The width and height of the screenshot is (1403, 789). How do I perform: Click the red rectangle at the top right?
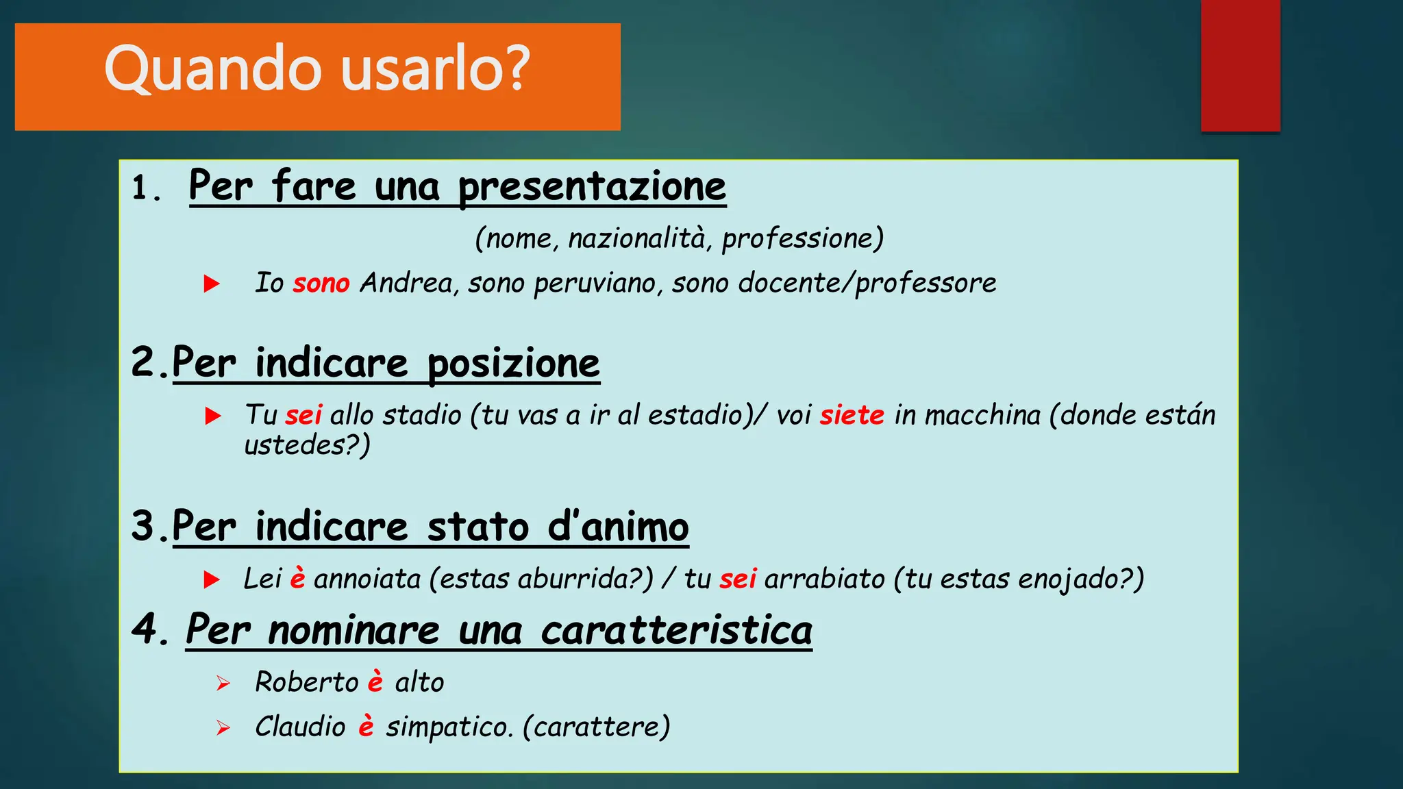point(1240,66)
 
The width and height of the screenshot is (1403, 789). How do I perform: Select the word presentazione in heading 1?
point(592,186)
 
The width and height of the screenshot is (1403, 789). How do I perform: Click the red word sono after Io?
point(321,283)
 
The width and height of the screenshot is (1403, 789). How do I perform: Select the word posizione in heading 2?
point(513,363)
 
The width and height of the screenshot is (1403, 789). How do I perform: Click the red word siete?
point(852,415)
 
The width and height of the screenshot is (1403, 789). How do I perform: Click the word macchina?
point(982,415)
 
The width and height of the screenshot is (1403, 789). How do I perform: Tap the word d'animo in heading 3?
point(618,527)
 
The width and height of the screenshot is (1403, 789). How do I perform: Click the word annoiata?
point(367,579)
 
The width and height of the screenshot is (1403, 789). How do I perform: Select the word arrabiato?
point(825,579)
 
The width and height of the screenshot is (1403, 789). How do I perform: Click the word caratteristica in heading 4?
point(676,630)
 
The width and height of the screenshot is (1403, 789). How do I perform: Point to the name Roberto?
point(306,683)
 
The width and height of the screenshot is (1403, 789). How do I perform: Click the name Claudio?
point(300,727)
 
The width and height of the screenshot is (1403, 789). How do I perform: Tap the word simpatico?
point(449,727)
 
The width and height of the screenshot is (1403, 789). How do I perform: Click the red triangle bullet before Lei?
point(212,580)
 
